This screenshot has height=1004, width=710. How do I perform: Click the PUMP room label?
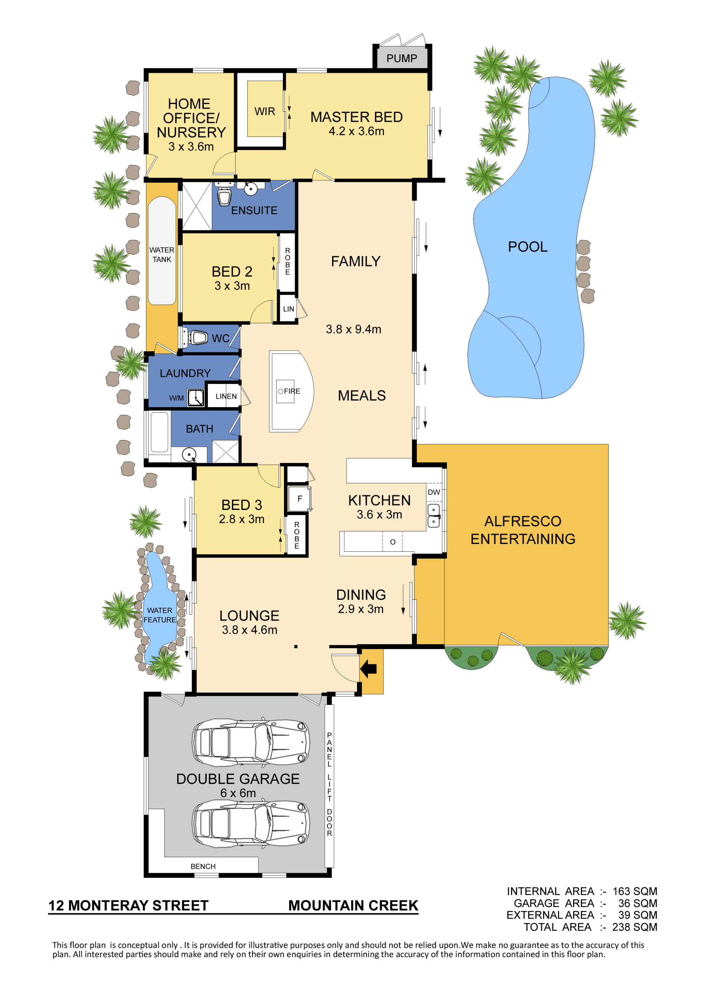(x=401, y=58)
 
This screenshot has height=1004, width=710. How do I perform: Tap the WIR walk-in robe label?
(x=265, y=112)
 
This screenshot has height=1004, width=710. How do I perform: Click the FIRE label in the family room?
(x=292, y=391)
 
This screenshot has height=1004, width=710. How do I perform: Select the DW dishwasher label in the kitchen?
(x=434, y=492)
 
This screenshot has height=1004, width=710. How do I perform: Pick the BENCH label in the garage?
(x=203, y=866)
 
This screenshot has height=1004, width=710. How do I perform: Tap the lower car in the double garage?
(x=251, y=824)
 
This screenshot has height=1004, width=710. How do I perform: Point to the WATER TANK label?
(x=162, y=254)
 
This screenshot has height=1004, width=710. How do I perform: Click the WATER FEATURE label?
(x=160, y=615)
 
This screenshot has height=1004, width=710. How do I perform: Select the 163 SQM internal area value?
(x=635, y=891)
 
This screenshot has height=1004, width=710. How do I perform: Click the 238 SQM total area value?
(x=635, y=927)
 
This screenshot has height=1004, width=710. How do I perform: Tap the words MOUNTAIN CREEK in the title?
(x=353, y=906)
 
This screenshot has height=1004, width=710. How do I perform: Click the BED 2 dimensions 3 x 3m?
(x=232, y=285)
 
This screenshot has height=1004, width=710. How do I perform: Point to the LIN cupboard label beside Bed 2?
(x=288, y=309)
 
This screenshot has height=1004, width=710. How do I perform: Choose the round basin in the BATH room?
(x=189, y=455)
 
